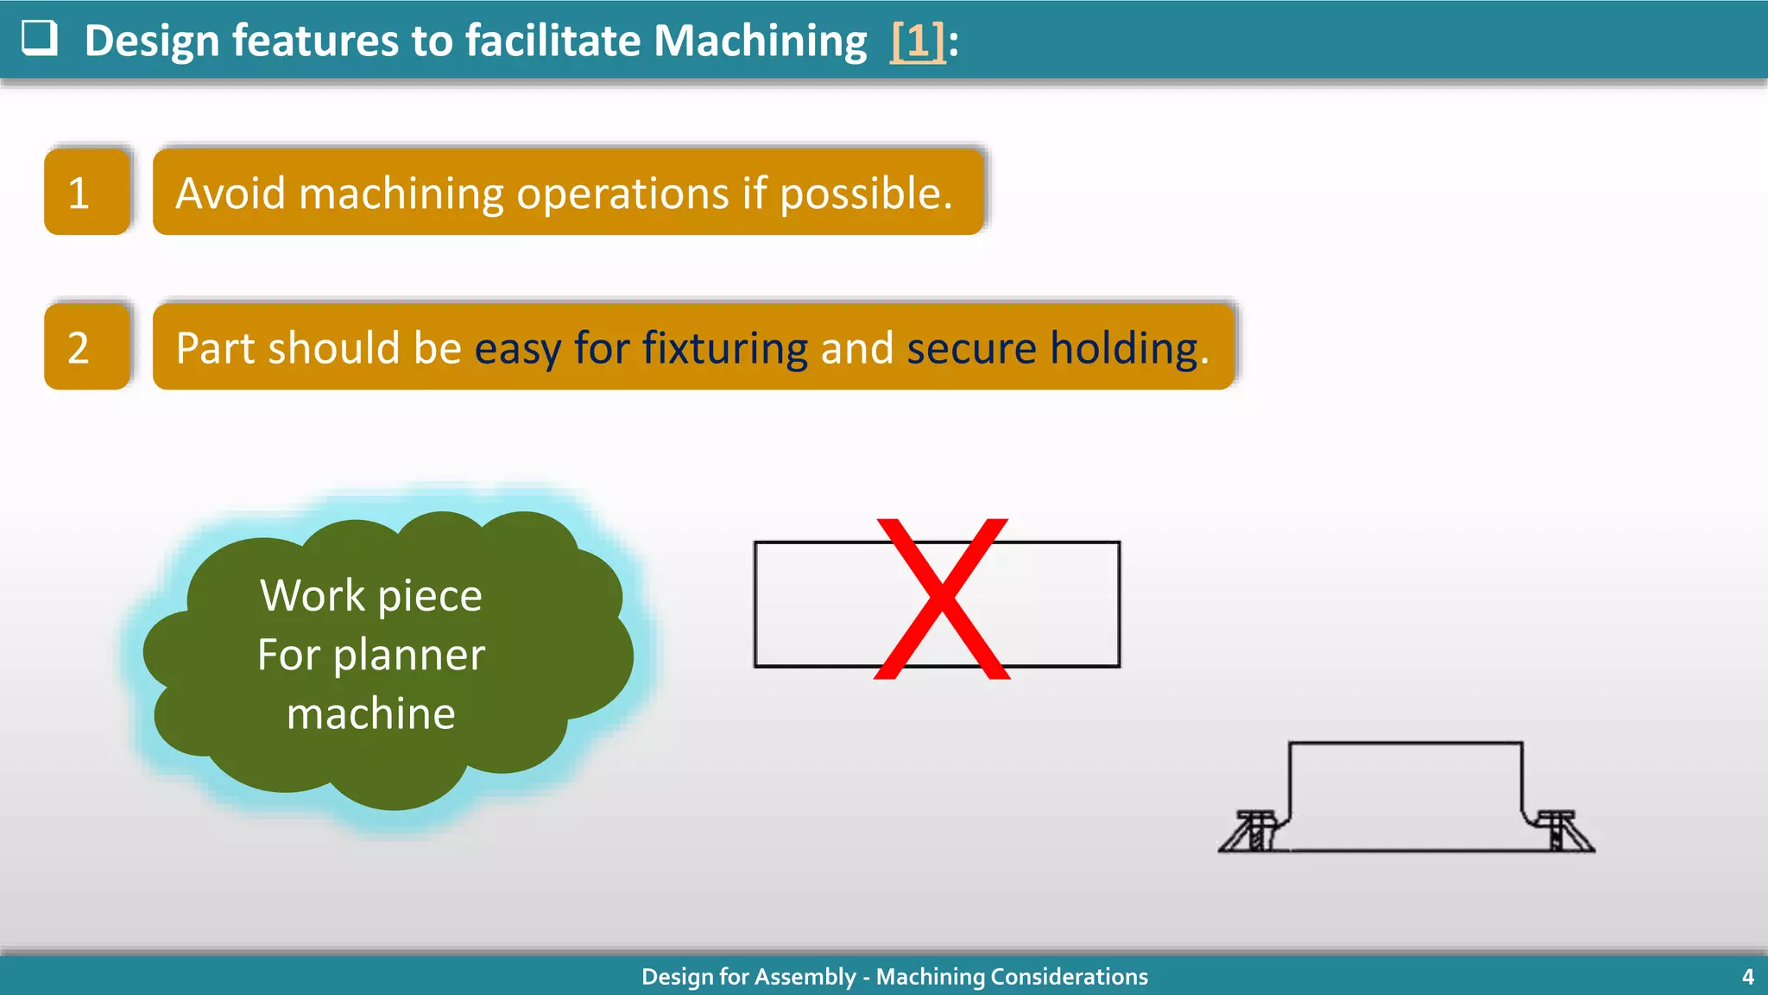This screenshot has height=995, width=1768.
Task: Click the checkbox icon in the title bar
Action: pyautogui.click(x=40, y=38)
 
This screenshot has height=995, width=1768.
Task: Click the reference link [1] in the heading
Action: pyautogui.click(x=918, y=41)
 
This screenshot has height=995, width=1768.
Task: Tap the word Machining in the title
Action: pyautogui.click(x=760, y=41)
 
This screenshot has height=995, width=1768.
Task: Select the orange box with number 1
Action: pyautogui.click(x=86, y=192)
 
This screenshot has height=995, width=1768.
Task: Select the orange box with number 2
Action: pyautogui.click(x=86, y=347)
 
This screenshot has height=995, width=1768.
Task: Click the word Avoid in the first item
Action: pyautogui.click(x=230, y=193)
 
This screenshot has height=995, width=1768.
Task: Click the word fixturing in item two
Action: pyautogui.click(x=724, y=348)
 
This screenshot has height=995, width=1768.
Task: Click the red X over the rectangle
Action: pyautogui.click(x=942, y=599)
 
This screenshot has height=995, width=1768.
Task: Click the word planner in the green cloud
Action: pyautogui.click(x=409, y=656)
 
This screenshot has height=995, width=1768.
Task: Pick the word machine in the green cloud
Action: pyautogui.click(x=371, y=713)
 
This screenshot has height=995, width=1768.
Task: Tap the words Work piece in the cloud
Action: pyautogui.click(x=371, y=596)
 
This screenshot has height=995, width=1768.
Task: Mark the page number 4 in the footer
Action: pyautogui.click(x=1747, y=977)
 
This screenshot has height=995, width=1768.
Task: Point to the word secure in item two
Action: pyautogui.click(x=970, y=348)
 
